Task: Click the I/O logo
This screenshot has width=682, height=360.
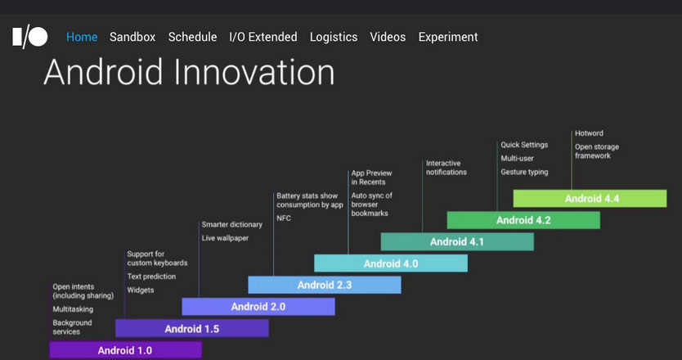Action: [x=30, y=38]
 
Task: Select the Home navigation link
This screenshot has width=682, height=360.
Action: [x=82, y=37]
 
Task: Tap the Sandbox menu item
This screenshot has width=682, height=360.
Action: [x=132, y=37]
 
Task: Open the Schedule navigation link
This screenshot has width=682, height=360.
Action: [x=192, y=37]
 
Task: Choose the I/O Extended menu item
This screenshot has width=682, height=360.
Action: [x=263, y=37]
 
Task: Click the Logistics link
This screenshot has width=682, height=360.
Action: [x=334, y=38]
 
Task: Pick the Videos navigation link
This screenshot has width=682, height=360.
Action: [x=388, y=37]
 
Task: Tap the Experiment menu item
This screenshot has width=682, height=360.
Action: [x=448, y=38]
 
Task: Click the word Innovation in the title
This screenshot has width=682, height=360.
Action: [x=254, y=72]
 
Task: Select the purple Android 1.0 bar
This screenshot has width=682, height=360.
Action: [x=126, y=350]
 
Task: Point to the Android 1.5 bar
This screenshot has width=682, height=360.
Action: [x=192, y=328]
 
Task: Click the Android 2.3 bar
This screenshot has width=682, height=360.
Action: [x=325, y=285]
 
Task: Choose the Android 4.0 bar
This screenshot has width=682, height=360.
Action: [x=391, y=263]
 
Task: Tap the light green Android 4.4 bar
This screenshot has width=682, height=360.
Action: [x=590, y=199]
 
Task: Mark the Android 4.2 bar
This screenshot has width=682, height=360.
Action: [x=523, y=220]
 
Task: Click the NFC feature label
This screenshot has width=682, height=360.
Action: [x=284, y=218]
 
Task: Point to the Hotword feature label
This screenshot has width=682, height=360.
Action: [x=589, y=133]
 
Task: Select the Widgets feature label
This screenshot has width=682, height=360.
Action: [x=141, y=290]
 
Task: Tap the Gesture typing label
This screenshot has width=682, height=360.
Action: [x=524, y=172]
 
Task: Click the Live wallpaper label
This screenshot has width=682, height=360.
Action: [x=226, y=238]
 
